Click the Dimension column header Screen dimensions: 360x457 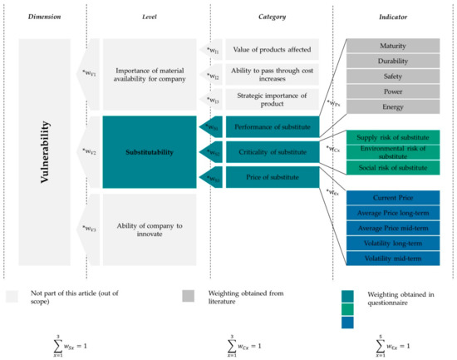point(44,16)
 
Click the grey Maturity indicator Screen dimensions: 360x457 point(394,45)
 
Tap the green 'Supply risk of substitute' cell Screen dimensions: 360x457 point(394,136)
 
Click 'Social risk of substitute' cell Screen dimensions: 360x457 point(394,168)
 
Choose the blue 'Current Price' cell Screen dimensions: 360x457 point(394,198)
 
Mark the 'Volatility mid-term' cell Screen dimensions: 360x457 point(394,259)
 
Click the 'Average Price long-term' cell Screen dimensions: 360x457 point(394,214)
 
